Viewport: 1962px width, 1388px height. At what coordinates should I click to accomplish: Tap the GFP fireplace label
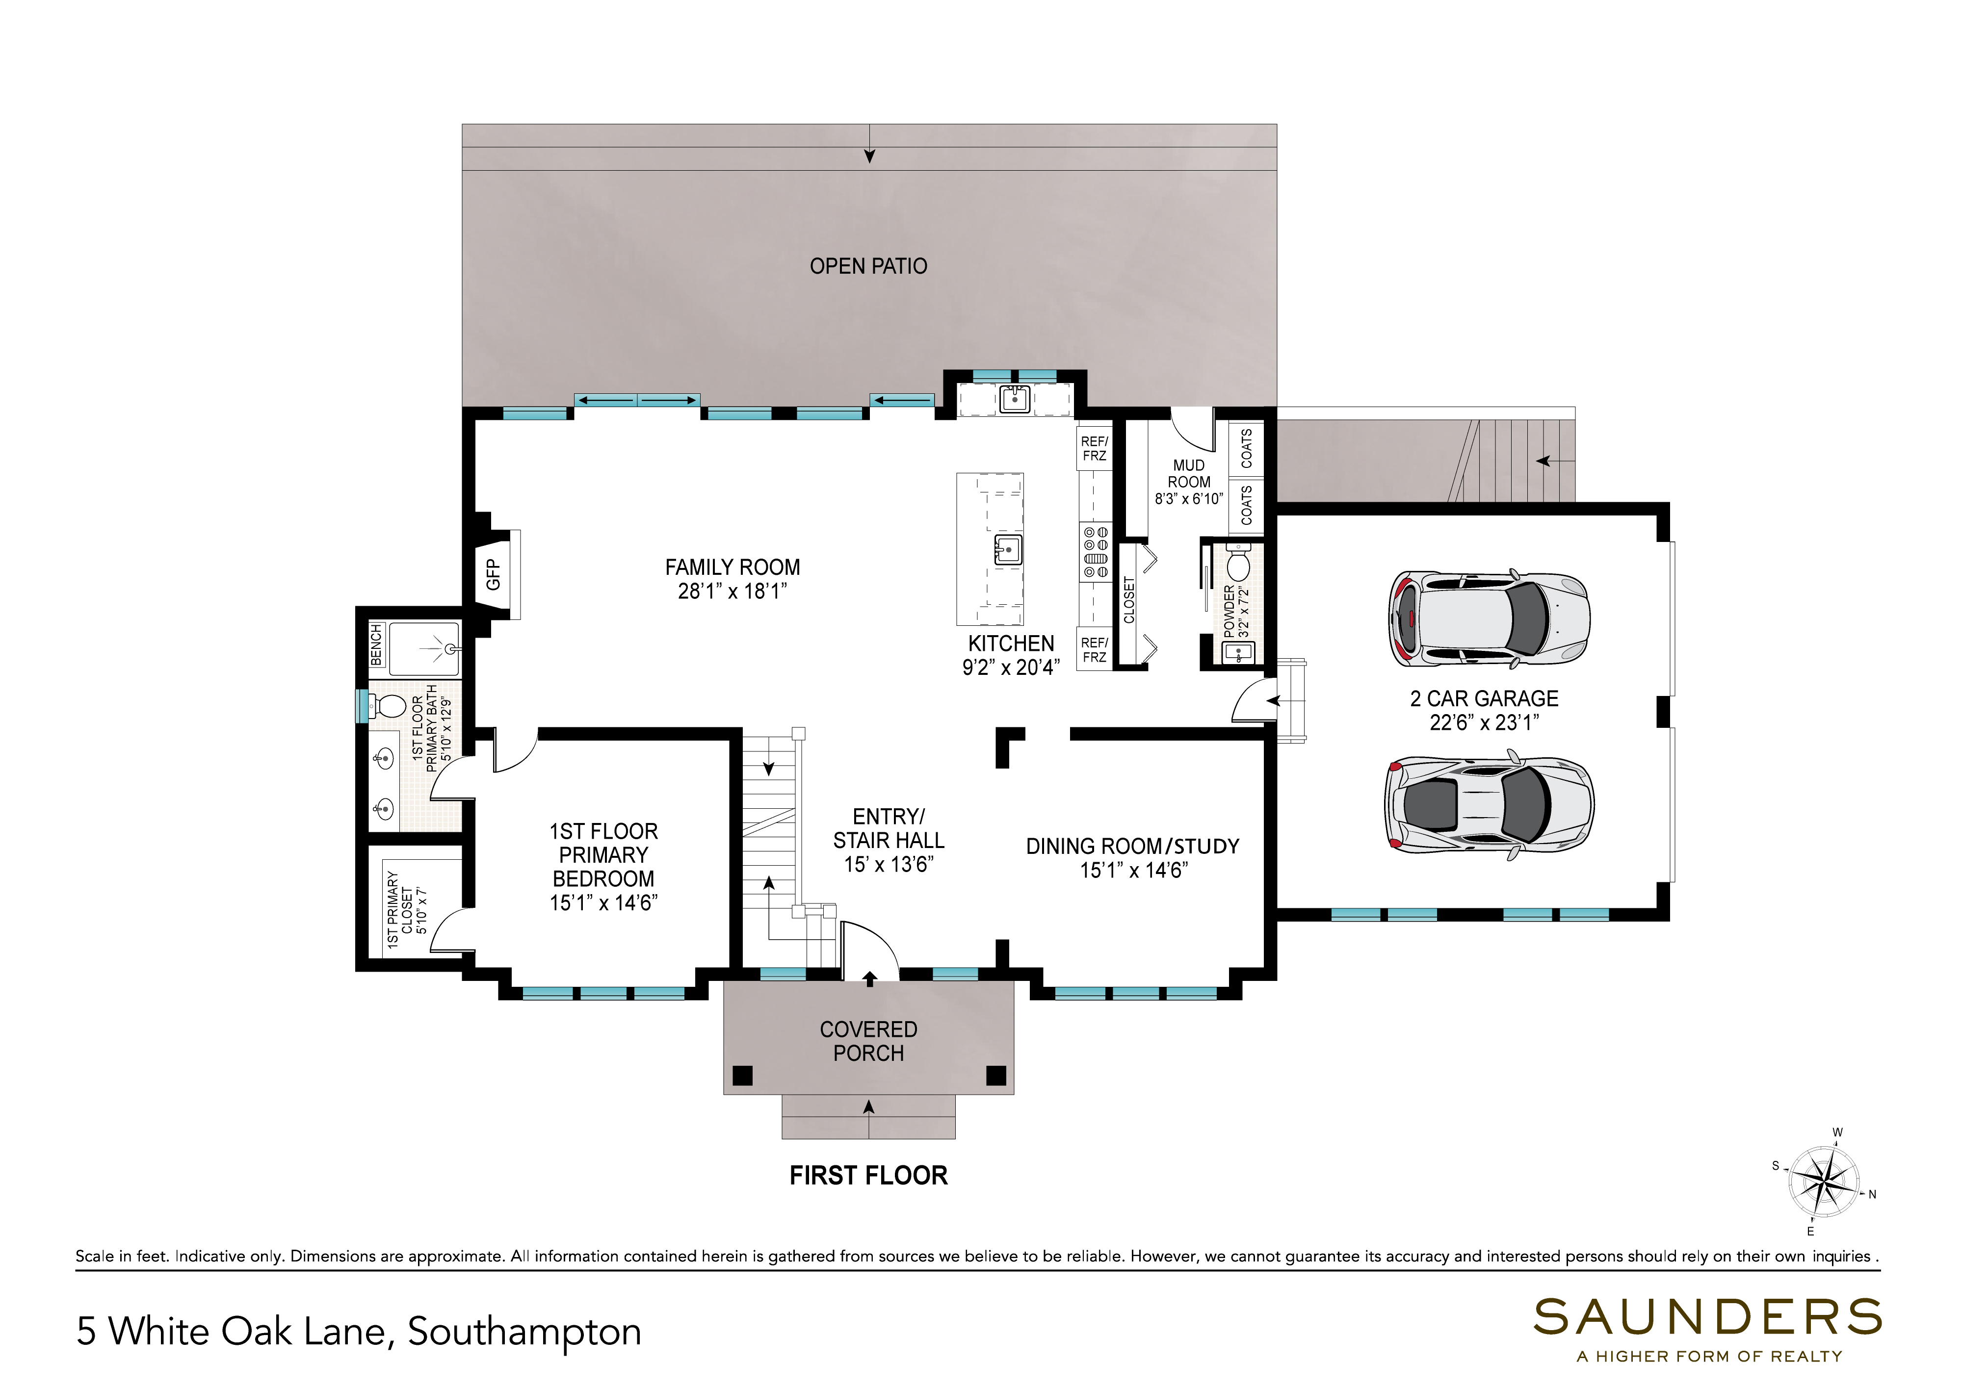[493, 574]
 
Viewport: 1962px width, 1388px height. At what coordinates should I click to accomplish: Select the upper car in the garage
[1489, 619]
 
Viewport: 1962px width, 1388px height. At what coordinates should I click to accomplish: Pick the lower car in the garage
[1489, 804]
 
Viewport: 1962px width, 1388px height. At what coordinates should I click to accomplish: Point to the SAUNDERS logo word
[1707, 1318]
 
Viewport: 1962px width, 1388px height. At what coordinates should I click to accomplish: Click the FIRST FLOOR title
[868, 1176]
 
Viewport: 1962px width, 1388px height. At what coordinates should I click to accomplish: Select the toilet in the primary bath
[389, 706]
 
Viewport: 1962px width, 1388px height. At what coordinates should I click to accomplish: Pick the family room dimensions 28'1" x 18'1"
[732, 591]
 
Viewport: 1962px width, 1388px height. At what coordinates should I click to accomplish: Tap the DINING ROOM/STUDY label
[1133, 846]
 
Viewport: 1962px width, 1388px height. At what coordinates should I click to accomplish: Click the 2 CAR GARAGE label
[1484, 698]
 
